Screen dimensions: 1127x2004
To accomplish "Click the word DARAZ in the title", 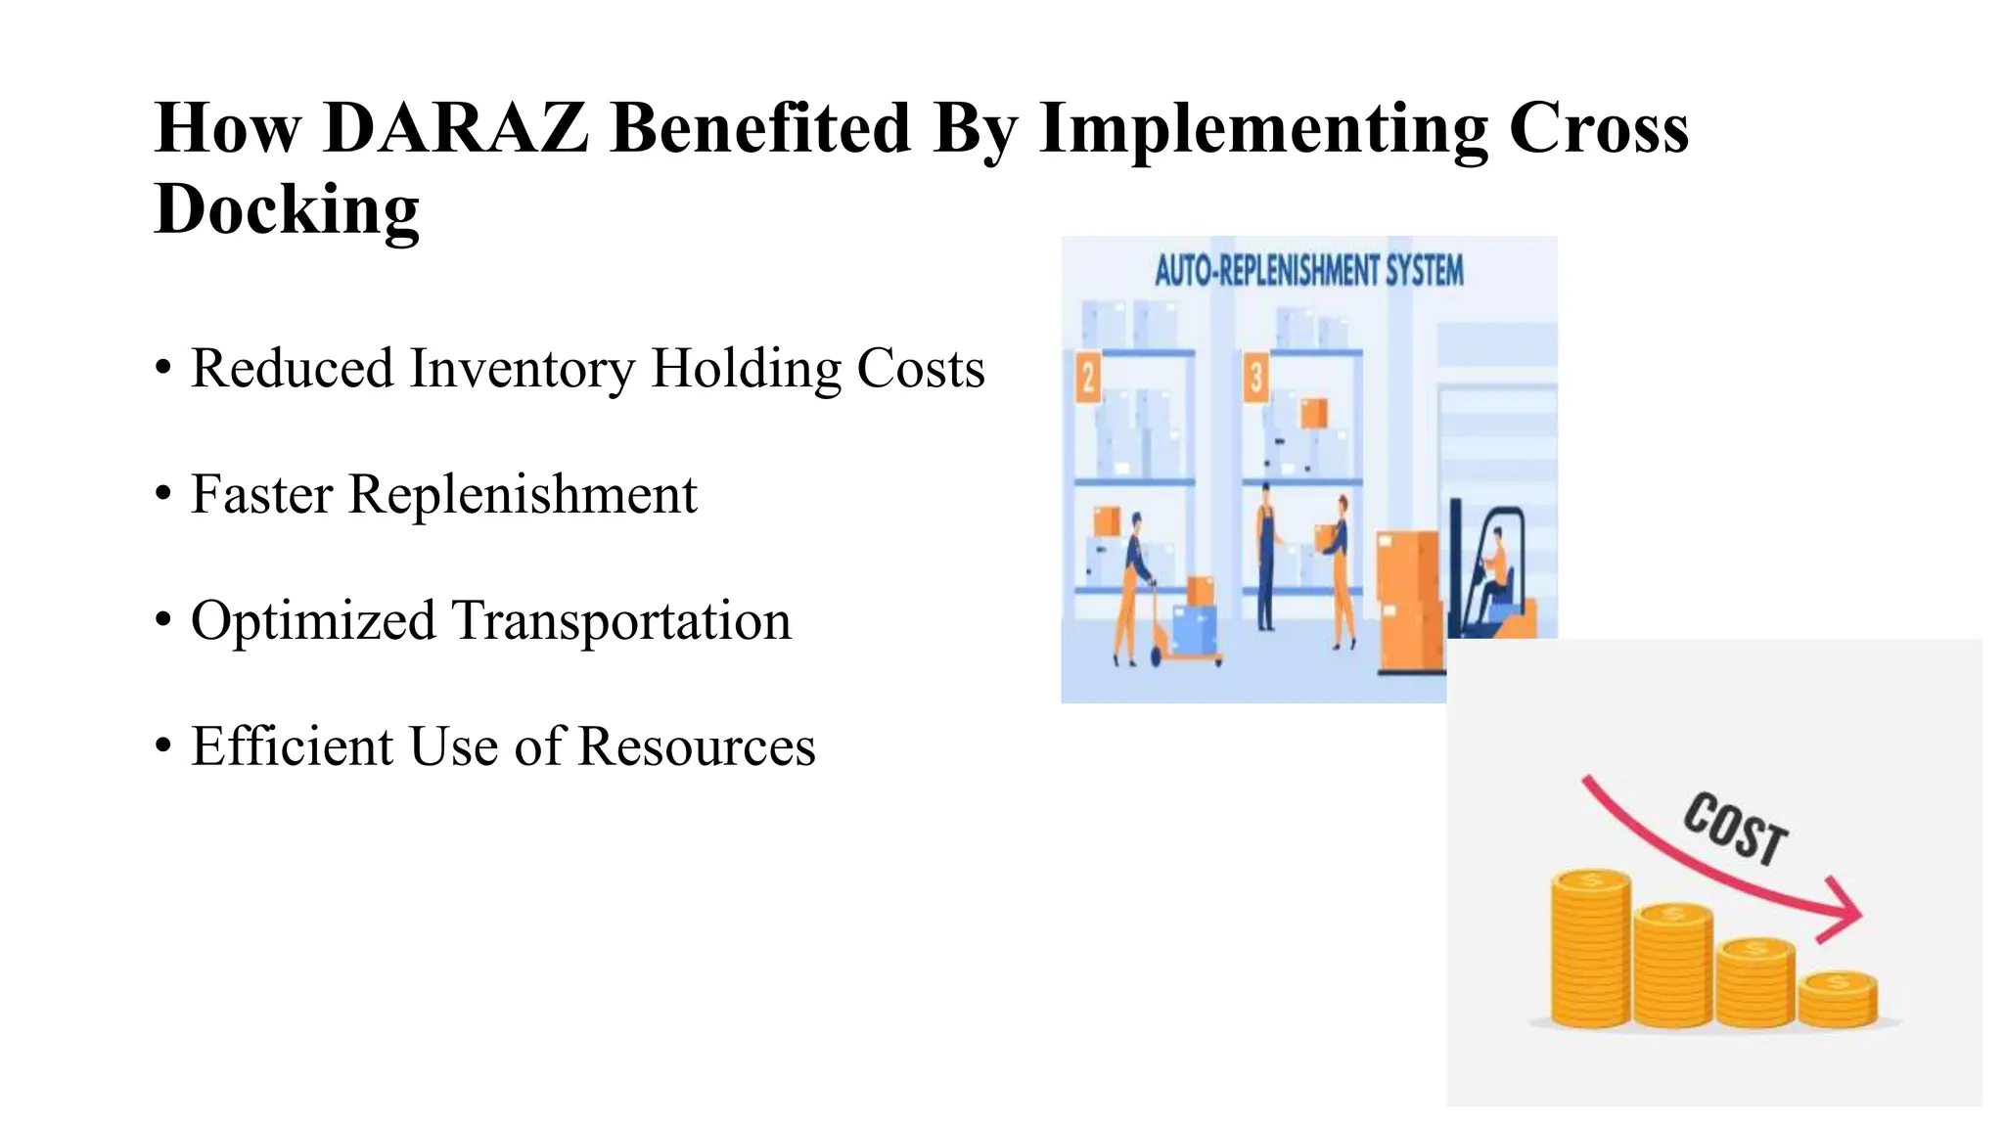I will (456, 128).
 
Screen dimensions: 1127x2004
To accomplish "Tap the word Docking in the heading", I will (287, 208).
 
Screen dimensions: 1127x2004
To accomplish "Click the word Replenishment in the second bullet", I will (523, 494).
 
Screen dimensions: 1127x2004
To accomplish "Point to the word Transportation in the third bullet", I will (620, 620).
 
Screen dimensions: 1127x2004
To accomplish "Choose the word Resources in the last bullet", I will (696, 746).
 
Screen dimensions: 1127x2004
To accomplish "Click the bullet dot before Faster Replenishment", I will (163, 494).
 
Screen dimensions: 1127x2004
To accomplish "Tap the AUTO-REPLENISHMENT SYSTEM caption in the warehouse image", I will (1309, 271).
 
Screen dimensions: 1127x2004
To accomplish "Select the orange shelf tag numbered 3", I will (1256, 378).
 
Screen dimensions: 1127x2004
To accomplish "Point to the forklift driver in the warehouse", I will (1494, 572).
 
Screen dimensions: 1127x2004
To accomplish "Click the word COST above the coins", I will (1735, 829).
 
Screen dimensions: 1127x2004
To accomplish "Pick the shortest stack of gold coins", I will (1838, 999).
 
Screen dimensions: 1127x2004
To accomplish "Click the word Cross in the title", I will (1599, 128).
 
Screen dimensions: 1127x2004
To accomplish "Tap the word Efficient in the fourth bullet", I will (292, 746).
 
